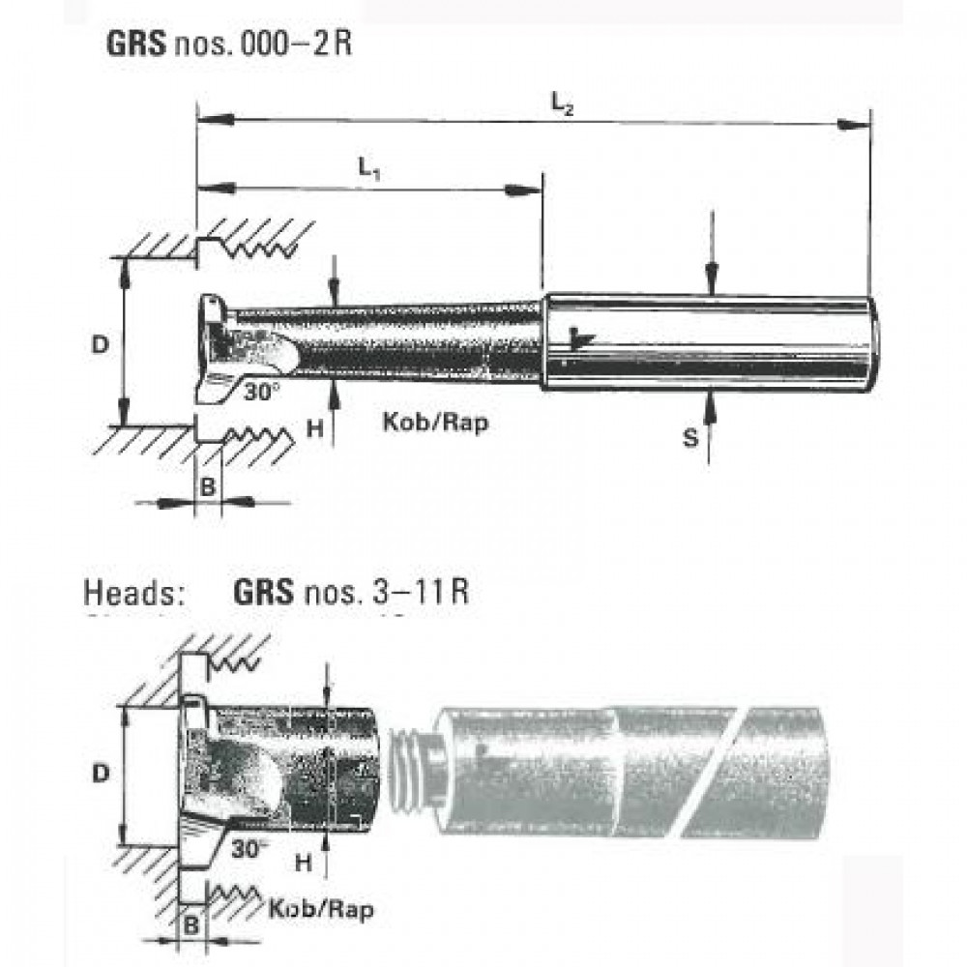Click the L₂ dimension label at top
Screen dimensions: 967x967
coord(563,102)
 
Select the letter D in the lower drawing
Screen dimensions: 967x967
coord(99,774)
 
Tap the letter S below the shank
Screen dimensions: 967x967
coord(689,438)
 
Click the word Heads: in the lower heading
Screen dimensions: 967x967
coord(135,592)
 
